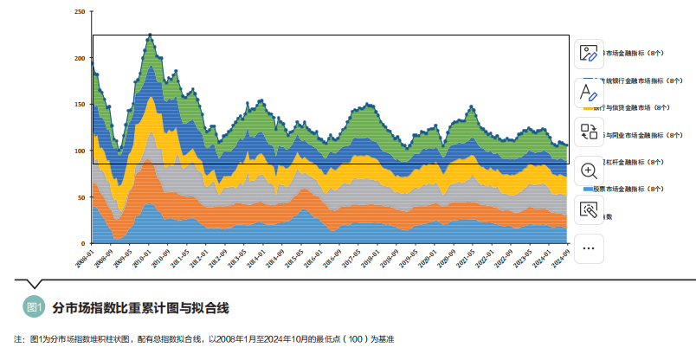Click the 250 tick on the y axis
click(80, 12)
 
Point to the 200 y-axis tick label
click(80, 58)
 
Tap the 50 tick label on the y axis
click(81, 197)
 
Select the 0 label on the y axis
click(84, 243)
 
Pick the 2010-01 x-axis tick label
click(137, 259)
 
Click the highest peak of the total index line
click(151, 35)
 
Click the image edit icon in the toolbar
click(589, 53)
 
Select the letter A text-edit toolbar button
click(589, 92)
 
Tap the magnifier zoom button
click(589, 170)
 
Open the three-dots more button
click(589, 248)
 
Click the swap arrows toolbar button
click(589, 132)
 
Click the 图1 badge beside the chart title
click(35, 308)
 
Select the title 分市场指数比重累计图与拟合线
click(140, 308)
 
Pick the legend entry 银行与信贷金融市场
click(636, 108)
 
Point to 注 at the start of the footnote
click(18, 339)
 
